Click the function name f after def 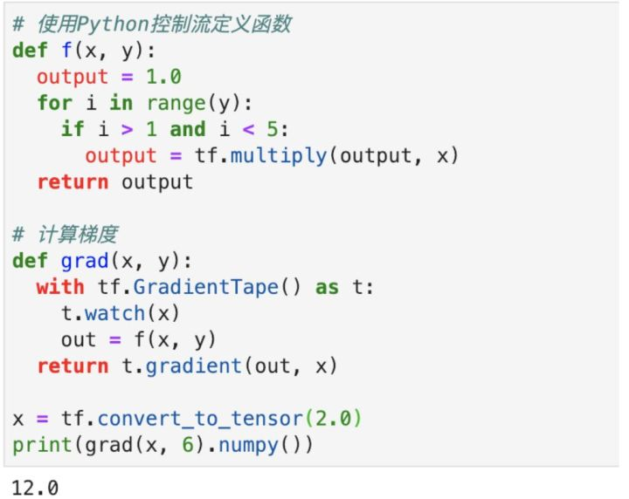66,50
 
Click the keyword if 72,129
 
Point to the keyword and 187,129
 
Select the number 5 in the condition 278,129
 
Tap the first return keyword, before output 73,182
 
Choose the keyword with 60,287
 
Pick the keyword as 326,287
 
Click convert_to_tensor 187,419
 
